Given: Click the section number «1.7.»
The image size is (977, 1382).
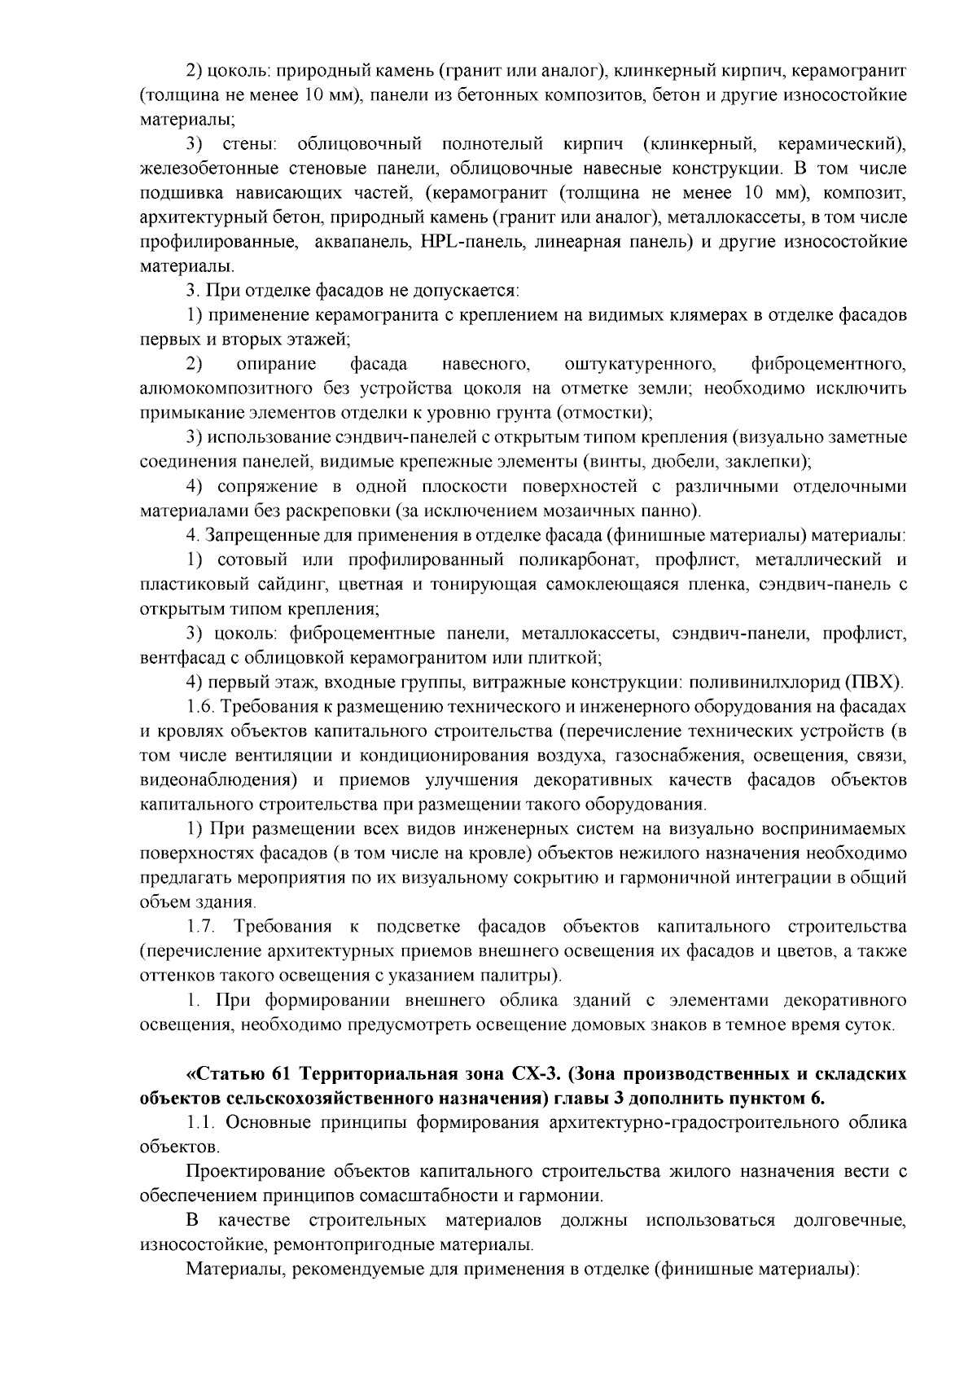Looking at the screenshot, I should click(202, 927).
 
